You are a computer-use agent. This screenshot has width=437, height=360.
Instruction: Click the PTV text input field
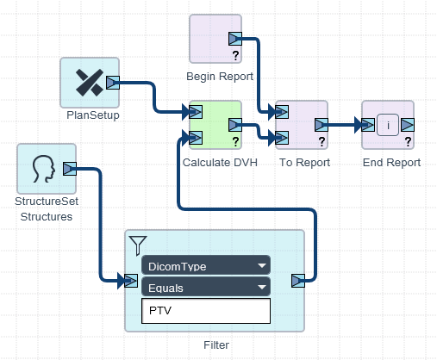click(206, 311)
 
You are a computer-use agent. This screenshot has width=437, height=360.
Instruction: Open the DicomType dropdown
click(206, 265)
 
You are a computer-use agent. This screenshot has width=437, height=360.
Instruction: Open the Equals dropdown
click(206, 287)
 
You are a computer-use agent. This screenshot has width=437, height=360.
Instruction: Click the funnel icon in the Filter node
click(138, 245)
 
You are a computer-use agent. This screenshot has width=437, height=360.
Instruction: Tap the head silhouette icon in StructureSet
click(44, 169)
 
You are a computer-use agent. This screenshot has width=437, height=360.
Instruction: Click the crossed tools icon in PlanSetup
click(90, 83)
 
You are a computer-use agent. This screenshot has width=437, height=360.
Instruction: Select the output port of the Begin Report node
click(235, 39)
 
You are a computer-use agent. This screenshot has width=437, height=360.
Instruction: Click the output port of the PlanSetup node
click(113, 83)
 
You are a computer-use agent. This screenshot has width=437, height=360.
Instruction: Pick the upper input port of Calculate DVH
click(196, 112)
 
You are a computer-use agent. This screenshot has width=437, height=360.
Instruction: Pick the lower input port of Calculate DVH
click(196, 138)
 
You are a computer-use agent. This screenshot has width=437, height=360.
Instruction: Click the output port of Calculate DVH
click(235, 125)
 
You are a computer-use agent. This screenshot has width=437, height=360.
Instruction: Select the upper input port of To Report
click(282, 112)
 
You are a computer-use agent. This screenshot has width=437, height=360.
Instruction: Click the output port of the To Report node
click(322, 125)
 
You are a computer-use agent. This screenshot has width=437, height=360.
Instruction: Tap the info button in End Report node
click(388, 125)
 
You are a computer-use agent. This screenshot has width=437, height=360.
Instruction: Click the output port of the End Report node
click(408, 125)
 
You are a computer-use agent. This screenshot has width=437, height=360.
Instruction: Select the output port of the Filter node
click(298, 281)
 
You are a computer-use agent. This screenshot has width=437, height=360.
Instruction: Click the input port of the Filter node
click(131, 281)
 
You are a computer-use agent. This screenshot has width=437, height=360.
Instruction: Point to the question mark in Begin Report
click(235, 55)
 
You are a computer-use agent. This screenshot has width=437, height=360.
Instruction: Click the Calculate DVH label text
click(220, 163)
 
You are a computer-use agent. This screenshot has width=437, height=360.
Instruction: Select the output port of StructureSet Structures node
click(70, 169)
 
